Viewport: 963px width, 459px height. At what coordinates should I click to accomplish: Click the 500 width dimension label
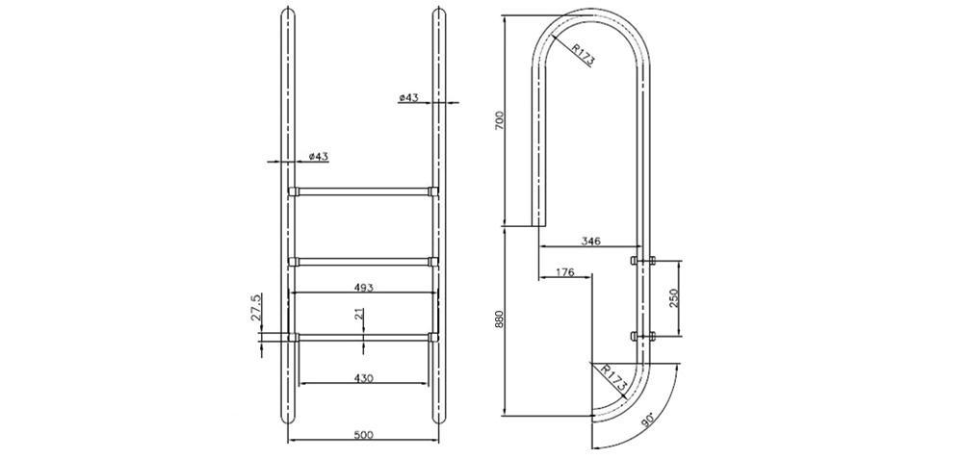click(x=364, y=435)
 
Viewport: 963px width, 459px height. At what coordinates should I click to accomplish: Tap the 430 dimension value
click(x=364, y=378)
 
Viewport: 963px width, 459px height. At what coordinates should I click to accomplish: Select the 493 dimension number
click(x=364, y=287)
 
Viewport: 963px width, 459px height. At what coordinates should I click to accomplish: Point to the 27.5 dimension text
click(x=257, y=306)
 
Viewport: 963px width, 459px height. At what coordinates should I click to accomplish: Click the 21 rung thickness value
click(x=359, y=315)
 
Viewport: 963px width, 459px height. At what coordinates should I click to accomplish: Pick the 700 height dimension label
click(x=499, y=120)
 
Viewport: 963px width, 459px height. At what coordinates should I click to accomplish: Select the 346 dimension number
click(x=590, y=242)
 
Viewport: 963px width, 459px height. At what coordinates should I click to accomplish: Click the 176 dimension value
click(x=564, y=272)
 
